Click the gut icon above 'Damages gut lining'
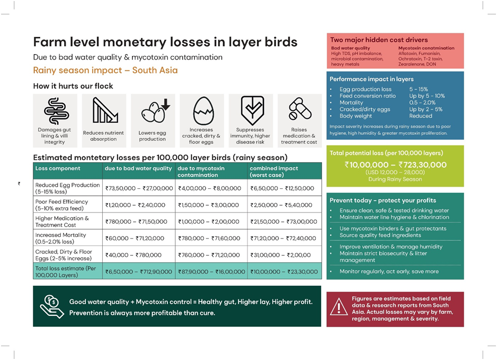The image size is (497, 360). click(56, 111)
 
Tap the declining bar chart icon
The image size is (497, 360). click(105, 110)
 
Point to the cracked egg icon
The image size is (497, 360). click(204, 111)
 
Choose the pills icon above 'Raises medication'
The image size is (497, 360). click(300, 109)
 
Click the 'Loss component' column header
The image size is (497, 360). click(58, 168)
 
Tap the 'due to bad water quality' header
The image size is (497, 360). click(138, 168)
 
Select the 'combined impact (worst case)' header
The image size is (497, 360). click(274, 172)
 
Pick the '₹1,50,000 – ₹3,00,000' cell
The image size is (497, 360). click(208, 205)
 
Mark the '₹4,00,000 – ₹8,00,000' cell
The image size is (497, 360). click(210, 188)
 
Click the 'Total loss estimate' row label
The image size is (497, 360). click(66, 272)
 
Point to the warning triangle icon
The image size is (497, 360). click(339, 307)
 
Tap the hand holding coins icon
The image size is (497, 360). click(52, 306)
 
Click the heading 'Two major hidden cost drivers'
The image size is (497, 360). click(379, 40)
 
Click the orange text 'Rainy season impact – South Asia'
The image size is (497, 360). click(105, 70)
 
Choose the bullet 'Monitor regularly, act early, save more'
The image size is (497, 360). click(389, 271)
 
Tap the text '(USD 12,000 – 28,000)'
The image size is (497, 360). click(395, 172)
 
